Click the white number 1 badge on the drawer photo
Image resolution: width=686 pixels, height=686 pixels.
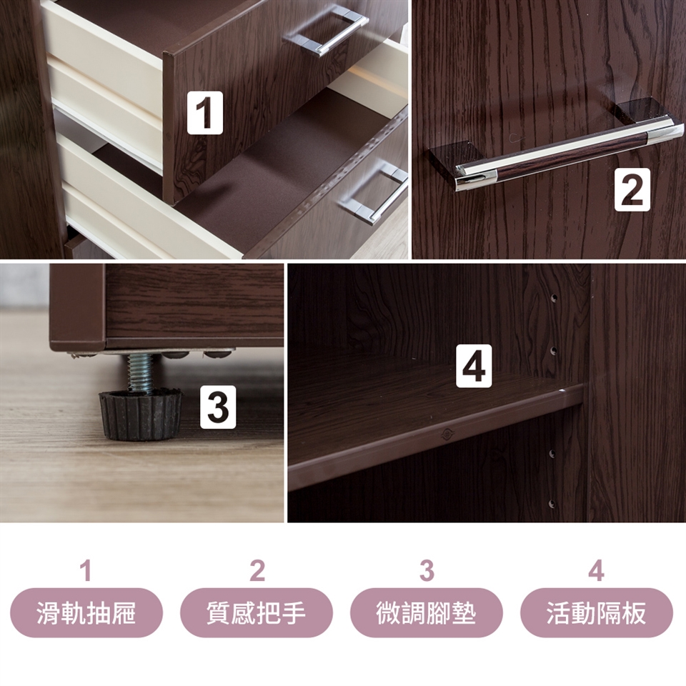coord(205,112)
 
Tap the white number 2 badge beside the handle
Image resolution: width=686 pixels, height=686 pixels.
coord(632,190)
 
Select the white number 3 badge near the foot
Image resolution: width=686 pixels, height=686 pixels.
coord(218,407)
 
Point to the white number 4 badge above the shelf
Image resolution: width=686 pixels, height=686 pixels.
coord(474,366)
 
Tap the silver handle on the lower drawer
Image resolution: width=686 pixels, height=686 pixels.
coord(375,192)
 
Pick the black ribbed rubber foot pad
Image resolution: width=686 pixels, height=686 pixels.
coord(141,414)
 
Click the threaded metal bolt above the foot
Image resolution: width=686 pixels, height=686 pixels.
coord(140,372)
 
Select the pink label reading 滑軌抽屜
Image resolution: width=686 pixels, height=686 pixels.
coord(86,612)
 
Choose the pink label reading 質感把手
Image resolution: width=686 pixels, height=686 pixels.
coord(257,612)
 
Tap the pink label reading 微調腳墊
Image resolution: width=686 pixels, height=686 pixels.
coord(427,612)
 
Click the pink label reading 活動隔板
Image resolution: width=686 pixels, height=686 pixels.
coord(597,612)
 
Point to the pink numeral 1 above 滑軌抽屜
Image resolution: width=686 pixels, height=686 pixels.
coord(86,571)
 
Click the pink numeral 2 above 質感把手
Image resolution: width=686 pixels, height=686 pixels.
coord(257,571)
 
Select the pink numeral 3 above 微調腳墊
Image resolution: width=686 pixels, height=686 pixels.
coord(427,571)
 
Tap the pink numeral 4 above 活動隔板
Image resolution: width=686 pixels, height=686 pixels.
coord(596,571)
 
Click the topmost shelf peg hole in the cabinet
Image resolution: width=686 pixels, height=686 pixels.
coord(553,299)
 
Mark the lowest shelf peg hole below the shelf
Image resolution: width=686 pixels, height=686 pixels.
coord(552,504)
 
